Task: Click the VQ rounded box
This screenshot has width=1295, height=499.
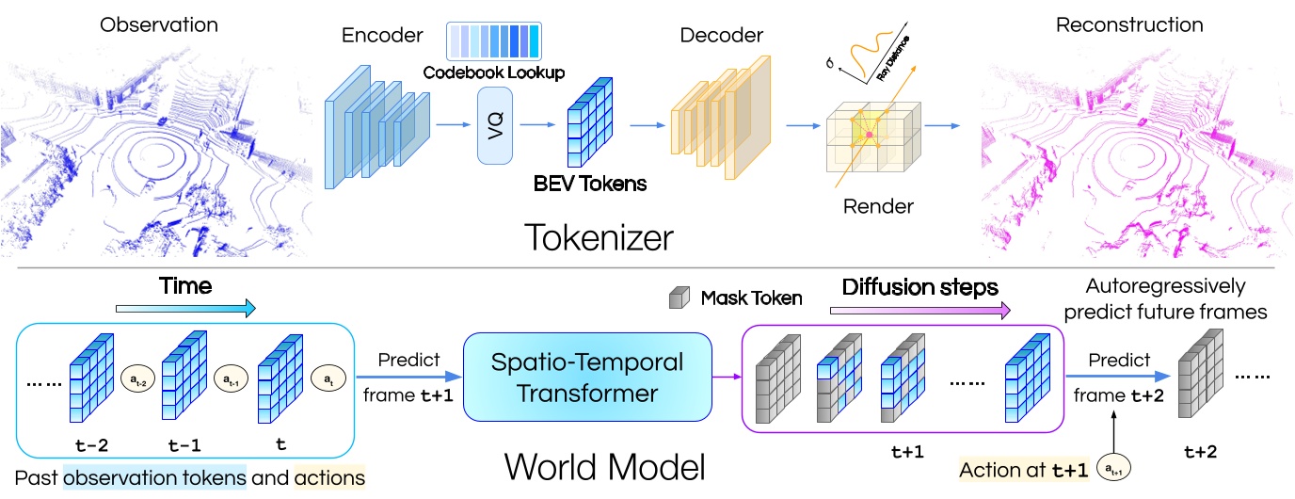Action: click(x=498, y=125)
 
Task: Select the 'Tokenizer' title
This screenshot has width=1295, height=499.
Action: click(x=600, y=236)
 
